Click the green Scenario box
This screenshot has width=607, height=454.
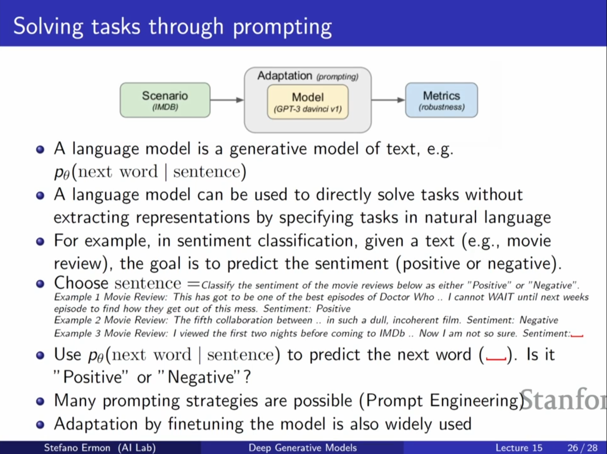coord(165,100)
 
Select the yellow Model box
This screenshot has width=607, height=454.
coord(308,102)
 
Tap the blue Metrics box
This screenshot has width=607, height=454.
coord(442,100)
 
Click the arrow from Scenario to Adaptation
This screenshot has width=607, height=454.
coord(227,100)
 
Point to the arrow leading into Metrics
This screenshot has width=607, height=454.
coord(388,100)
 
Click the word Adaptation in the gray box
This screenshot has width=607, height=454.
coord(285,76)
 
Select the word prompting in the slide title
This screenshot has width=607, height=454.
coord(282,27)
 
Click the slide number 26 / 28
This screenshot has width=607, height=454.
coord(583,447)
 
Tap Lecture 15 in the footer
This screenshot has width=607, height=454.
coord(519,447)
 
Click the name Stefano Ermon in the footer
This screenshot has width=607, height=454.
coord(77,447)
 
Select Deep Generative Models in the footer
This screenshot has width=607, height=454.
coord(303,447)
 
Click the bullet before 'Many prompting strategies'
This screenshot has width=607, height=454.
coord(40,401)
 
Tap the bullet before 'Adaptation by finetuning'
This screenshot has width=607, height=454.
coord(40,424)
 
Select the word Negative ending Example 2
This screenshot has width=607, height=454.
coord(539,320)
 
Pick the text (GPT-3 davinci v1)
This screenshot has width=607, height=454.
coord(308,109)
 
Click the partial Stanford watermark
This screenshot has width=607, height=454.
coord(563,400)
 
